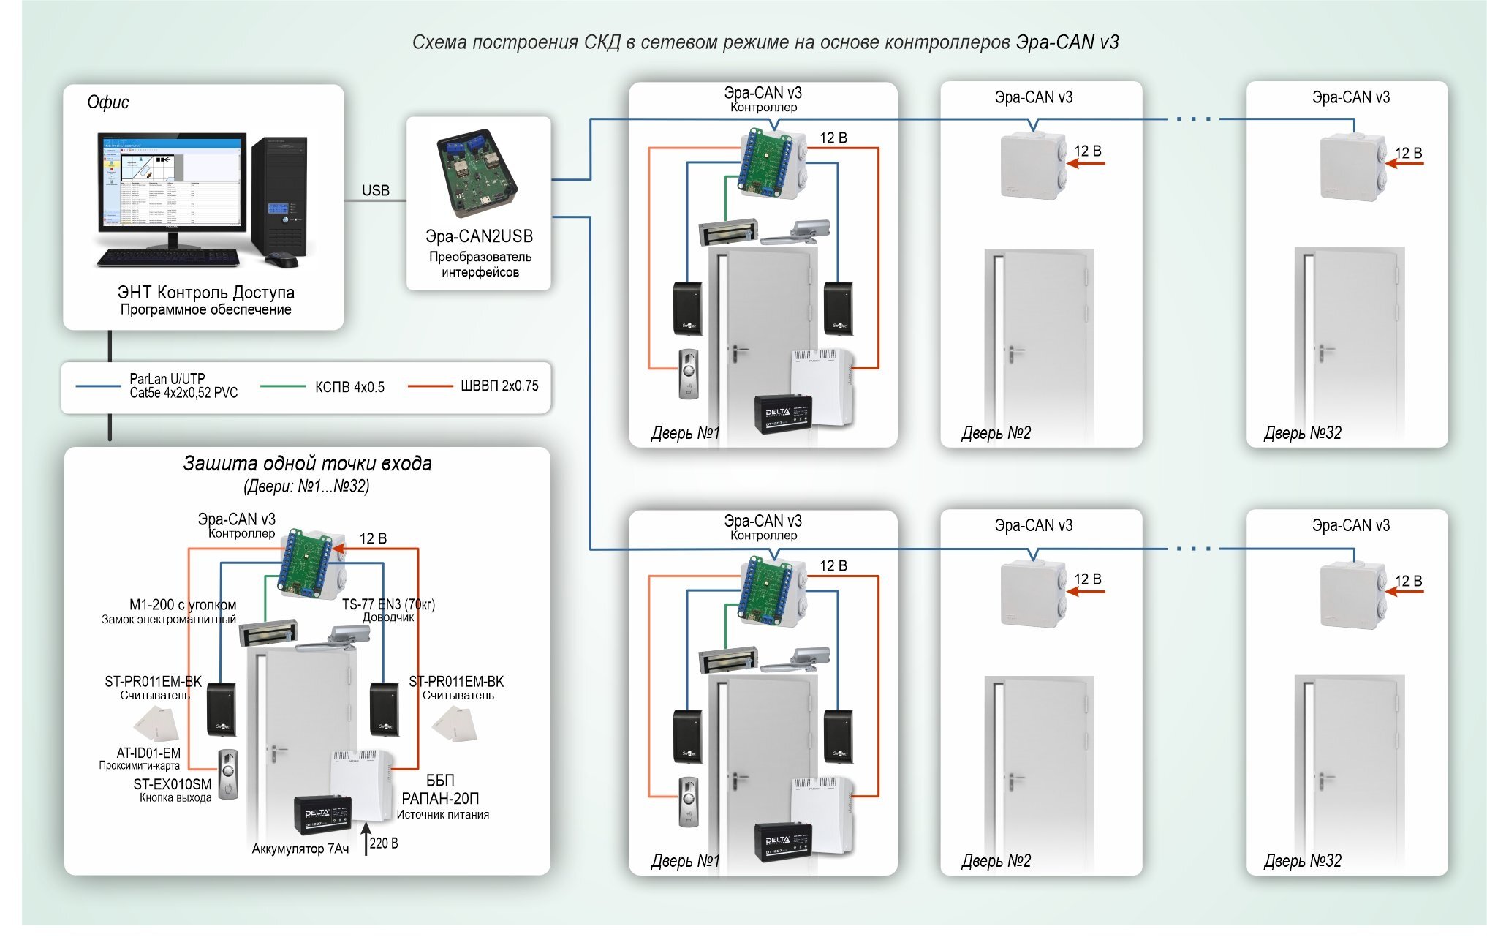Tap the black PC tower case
point(281,196)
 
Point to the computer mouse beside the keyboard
point(281,260)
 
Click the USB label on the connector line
point(376,190)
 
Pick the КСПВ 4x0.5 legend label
point(349,387)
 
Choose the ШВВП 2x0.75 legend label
point(499,386)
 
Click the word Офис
point(108,102)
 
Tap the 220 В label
point(384,843)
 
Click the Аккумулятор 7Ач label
point(300,849)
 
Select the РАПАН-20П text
point(440,798)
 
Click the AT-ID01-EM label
point(148,753)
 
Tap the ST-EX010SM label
point(173,784)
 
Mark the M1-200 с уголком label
point(183,605)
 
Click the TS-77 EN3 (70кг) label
point(388,604)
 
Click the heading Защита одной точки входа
point(307,464)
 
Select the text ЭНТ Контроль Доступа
point(206,293)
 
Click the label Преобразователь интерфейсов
point(480,264)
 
